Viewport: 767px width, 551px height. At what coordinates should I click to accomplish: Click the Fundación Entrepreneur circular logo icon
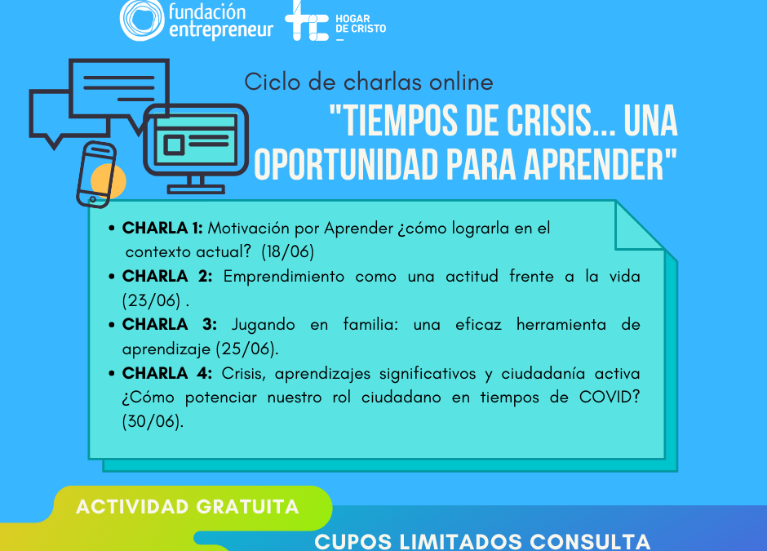point(141,20)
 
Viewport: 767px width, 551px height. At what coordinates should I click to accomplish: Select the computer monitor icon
point(196,144)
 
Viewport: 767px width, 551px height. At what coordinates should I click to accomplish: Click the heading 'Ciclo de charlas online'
point(369,82)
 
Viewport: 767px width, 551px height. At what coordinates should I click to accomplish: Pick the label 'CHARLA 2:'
point(167,277)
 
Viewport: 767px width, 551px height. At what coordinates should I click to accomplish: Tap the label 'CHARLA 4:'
point(167,374)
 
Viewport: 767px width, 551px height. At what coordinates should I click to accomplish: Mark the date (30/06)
point(153,422)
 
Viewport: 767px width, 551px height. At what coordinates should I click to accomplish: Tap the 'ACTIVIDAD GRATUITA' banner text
point(187,507)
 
